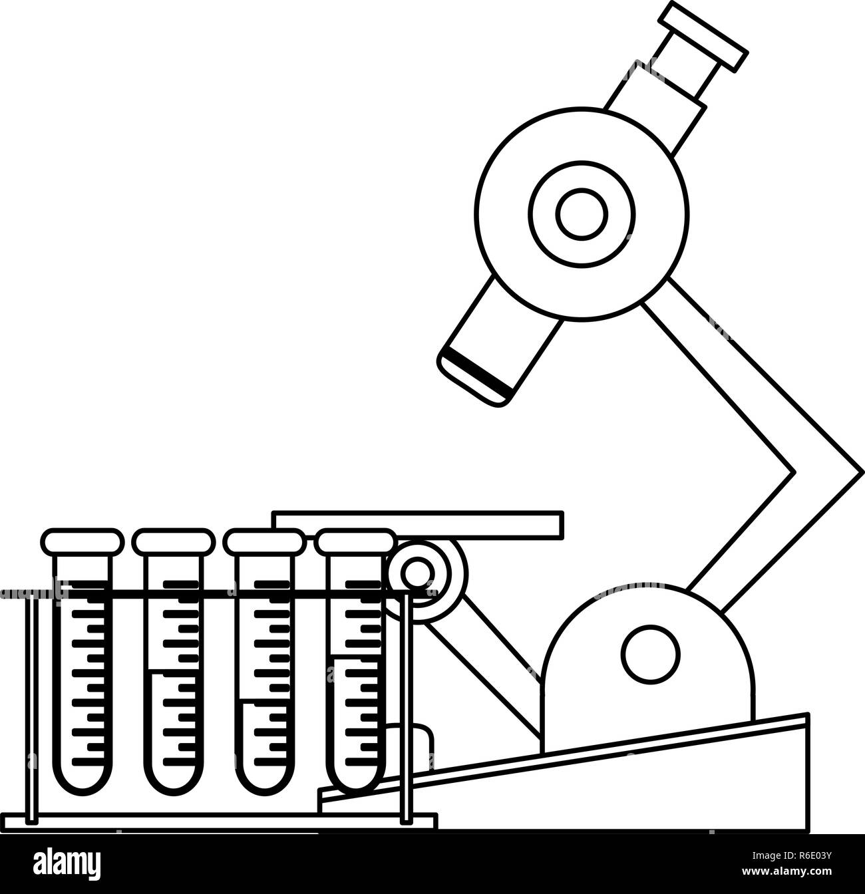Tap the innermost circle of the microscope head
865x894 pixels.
[582, 214]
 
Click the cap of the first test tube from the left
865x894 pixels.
[83, 541]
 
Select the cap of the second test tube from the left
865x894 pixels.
[172, 541]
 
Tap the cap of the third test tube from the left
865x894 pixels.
[264, 541]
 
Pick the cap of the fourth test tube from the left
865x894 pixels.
[356, 541]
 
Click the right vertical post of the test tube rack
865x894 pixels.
[406, 705]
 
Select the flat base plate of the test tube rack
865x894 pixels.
[220, 823]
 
